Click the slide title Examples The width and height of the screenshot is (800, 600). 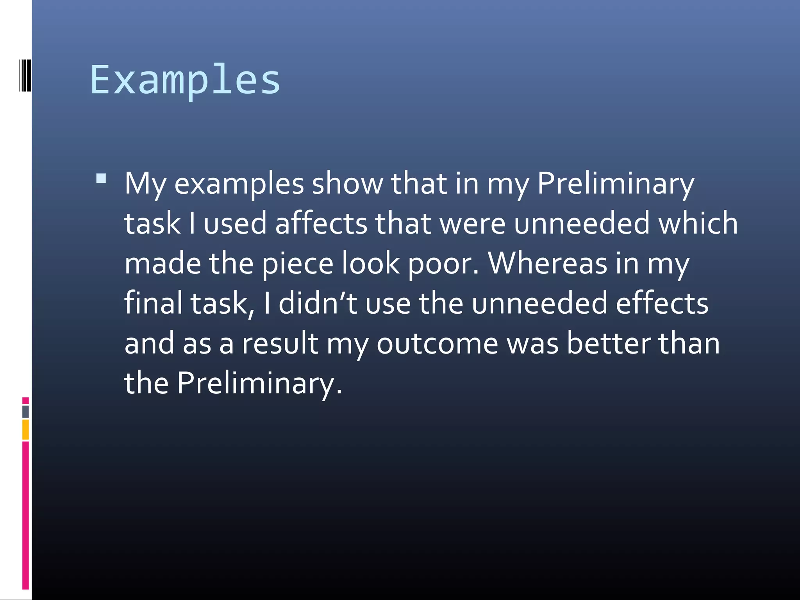click(185, 80)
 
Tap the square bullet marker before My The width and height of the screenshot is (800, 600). click(101, 179)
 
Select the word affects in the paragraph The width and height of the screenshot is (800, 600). click(321, 223)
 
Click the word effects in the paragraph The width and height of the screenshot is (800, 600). click(662, 303)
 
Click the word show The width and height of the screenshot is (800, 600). click(347, 183)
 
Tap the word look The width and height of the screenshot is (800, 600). click(371, 263)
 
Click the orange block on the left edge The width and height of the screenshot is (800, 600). click(25, 429)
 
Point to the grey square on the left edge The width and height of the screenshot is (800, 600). click(25, 411)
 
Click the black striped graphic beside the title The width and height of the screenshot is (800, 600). click(25, 75)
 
